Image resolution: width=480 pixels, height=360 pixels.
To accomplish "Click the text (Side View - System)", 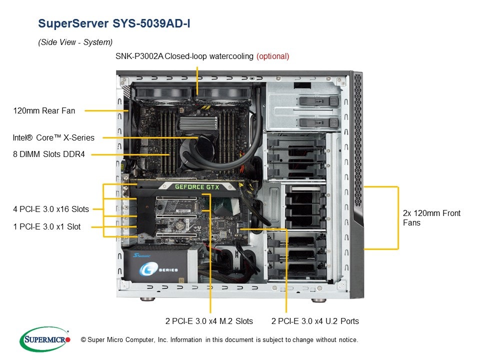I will point(75,42).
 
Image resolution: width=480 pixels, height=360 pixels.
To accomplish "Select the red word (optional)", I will point(272,56).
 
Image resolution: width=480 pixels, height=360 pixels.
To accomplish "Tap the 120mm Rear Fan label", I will point(44,110).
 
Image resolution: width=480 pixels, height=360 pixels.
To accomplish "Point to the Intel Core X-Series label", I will point(53,137).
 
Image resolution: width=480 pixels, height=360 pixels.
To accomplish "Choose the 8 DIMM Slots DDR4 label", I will point(49,154).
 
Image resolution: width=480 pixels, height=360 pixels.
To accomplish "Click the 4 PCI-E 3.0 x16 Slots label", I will point(51,209).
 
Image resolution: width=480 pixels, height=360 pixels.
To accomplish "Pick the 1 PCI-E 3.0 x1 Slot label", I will point(46,226).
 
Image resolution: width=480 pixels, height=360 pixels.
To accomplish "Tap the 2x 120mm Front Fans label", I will point(431,217).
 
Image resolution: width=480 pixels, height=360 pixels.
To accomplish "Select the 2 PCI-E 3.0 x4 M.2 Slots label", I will point(209,321).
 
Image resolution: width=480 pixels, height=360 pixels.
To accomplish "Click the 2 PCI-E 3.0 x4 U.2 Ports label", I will point(315,321).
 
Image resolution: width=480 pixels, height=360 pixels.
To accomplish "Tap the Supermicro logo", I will point(44,339).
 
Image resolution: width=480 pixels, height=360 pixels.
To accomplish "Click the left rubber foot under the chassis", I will point(145,300).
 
